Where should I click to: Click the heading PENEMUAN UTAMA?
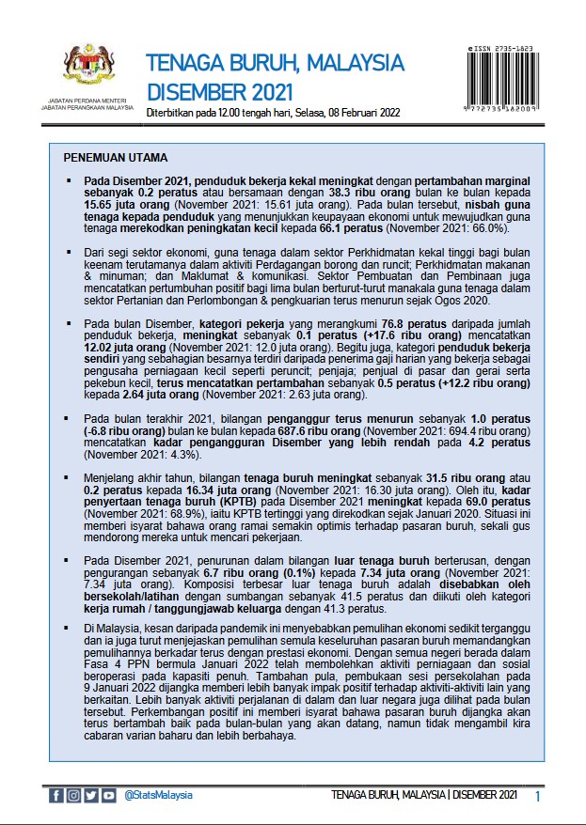[x=115, y=157]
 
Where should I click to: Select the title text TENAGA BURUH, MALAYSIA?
[x=276, y=64]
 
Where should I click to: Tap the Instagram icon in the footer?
[x=73, y=796]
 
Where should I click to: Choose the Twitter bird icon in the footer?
[x=91, y=796]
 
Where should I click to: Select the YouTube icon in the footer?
[x=109, y=796]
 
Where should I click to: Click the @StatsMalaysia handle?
[x=158, y=796]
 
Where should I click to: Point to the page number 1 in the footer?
[x=538, y=797]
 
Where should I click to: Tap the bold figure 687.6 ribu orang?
[x=328, y=429]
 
